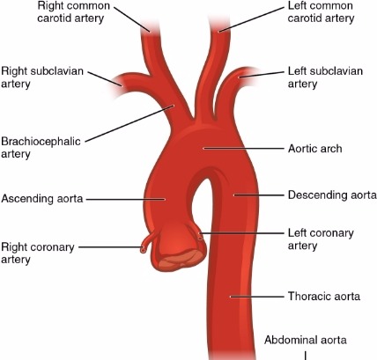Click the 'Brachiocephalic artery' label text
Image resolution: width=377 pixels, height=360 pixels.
[x=32, y=145]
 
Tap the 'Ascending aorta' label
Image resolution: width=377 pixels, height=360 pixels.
[x=42, y=199]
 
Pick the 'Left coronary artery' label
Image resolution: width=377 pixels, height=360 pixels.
[x=321, y=239]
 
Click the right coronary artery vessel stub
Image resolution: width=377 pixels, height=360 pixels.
[x=147, y=246]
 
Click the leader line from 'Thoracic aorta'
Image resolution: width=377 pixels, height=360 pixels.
[x=255, y=296]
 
